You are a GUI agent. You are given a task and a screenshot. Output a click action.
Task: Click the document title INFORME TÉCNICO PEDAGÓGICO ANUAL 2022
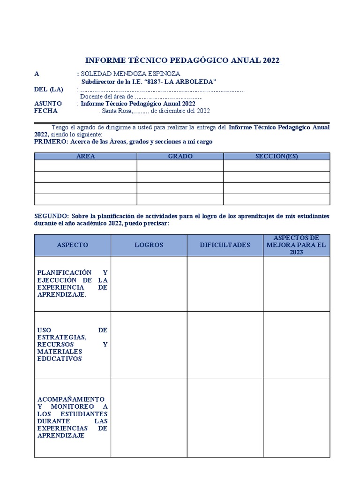tap(183, 60)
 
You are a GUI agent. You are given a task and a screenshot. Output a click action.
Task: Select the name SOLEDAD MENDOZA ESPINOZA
tap(130, 74)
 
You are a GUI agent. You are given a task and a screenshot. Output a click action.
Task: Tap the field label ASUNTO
tap(48, 104)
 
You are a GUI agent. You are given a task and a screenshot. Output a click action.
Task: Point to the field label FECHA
tap(46, 111)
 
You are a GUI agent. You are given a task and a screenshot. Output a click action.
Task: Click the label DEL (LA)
tap(48, 90)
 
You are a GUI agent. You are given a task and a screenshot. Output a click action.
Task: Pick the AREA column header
tap(85, 156)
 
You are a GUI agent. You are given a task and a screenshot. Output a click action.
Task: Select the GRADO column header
tap(180, 156)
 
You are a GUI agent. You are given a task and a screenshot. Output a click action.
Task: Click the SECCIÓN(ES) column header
tap(277, 156)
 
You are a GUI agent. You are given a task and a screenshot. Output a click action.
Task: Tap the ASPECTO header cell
tap(72, 245)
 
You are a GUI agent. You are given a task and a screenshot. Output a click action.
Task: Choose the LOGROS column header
tap(149, 245)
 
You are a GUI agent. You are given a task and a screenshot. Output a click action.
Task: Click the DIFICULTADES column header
tap(225, 245)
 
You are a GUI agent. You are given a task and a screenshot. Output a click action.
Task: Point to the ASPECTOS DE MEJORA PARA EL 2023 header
tap(296, 245)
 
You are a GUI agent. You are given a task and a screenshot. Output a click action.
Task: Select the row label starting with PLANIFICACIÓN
tap(72, 284)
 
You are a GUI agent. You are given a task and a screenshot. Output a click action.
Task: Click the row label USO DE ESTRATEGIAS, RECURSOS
tap(72, 345)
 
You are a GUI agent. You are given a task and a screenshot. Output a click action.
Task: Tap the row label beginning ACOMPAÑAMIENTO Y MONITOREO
tap(72, 417)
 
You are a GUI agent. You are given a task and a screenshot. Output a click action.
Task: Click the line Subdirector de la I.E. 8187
tap(149, 82)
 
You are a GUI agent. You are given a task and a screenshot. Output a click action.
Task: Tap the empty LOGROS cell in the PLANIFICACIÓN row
tap(149, 284)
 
